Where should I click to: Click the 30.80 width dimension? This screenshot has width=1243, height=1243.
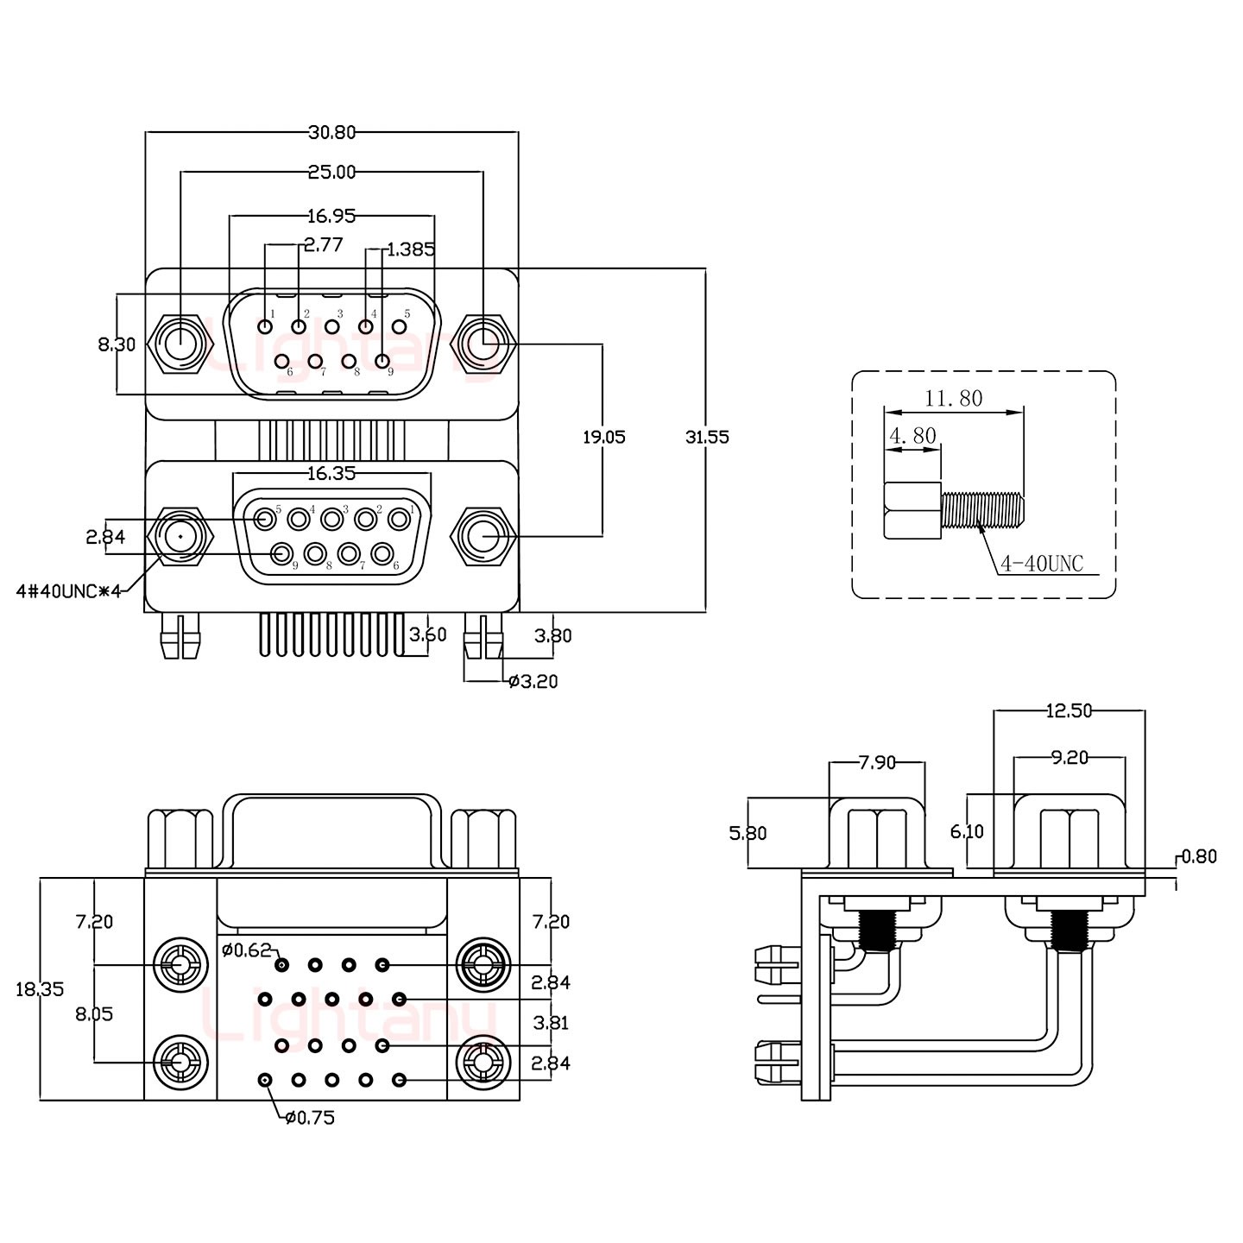pos(331,132)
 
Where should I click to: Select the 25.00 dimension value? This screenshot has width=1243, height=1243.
pos(331,172)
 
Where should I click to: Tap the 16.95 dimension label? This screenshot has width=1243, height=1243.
pos(331,216)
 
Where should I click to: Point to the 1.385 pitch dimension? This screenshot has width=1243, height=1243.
pos(411,250)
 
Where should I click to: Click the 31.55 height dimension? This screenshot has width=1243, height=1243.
pos(707,437)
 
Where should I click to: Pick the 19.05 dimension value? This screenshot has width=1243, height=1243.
pos(603,437)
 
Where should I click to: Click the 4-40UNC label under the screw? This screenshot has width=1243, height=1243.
pos(1041,565)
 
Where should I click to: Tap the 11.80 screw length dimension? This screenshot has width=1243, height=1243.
pos(953,399)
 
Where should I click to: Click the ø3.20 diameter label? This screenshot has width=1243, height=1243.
pos(533,682)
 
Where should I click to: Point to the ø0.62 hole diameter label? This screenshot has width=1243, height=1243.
pos(247,951)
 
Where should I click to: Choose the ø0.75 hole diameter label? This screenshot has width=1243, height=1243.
pos(310,1118)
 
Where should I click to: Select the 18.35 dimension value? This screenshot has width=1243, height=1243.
pos(40,989)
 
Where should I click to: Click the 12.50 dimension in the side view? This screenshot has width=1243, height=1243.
pos(1069,711)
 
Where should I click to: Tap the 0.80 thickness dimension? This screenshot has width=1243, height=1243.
pos(1198,856)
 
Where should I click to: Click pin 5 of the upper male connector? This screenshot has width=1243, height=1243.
pos(400,327)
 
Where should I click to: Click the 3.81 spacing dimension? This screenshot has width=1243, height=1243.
pos(551,1023)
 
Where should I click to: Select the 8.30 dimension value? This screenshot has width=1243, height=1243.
pos(117,344)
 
